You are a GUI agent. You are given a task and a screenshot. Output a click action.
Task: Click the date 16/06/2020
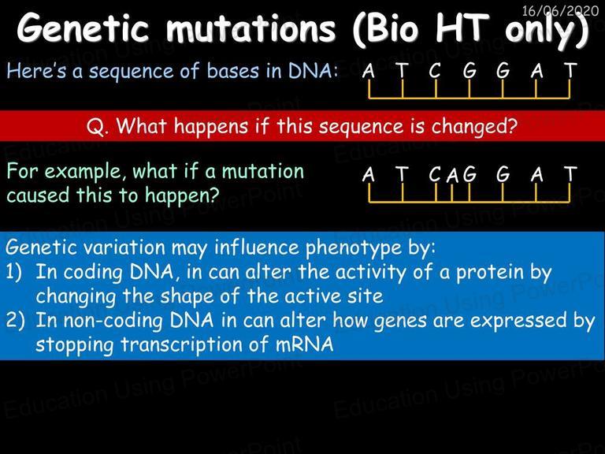[560, 10]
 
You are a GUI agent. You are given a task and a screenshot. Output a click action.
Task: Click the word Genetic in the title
[83, 28]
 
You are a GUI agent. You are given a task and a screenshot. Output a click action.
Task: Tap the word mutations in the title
[251, 28]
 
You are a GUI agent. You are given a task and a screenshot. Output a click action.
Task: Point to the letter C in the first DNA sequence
[435, 71]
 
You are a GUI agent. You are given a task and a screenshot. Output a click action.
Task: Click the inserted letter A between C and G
[453, 176]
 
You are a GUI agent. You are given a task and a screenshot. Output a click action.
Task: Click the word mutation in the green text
[263, 171]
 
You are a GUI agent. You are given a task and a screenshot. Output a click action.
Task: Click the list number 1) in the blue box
[14, 272]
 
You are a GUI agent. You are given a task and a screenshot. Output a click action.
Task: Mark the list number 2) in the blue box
[15, 321]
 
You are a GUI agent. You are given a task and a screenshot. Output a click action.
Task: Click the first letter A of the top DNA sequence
[369, 71]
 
